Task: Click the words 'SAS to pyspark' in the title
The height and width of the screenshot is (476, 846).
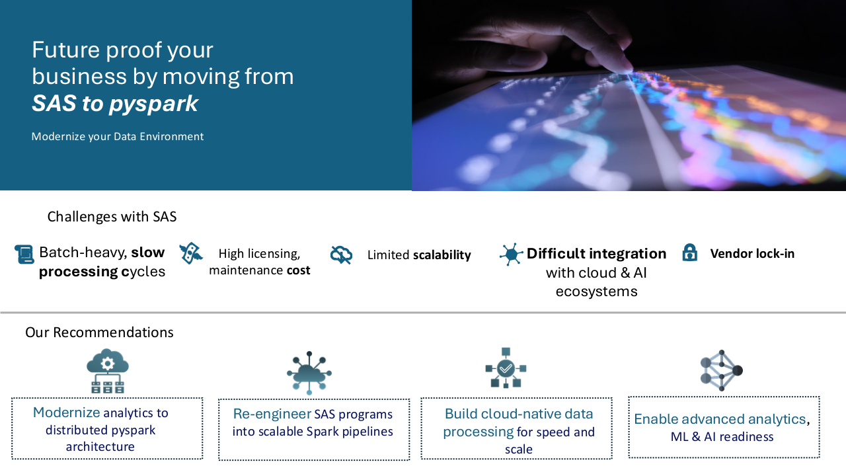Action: click(115, 104)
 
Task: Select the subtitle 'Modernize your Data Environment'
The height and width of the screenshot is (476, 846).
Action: click(118, 136)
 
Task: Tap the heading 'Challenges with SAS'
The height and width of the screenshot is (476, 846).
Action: click(112, 216)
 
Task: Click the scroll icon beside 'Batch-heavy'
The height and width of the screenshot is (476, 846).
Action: click(24, 255)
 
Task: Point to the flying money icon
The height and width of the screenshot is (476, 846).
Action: click(191, 253)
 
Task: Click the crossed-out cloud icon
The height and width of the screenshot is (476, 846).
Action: click(341, 255)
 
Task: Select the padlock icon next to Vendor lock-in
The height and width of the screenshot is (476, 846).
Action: click(689, 253)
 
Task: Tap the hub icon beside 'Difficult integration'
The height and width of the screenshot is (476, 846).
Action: click(511, 255)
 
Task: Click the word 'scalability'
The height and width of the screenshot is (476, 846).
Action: click(442, 255)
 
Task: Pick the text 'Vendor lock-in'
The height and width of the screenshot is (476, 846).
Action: click(752, 253)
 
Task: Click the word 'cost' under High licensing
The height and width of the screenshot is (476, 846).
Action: click(298, 270)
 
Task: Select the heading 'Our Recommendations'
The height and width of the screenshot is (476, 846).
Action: click(99, 333)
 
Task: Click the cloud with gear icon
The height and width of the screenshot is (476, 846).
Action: click(108, 371)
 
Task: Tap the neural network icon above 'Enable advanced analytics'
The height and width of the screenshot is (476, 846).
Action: click(721, 371)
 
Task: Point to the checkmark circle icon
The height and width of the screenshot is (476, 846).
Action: click(506, 368)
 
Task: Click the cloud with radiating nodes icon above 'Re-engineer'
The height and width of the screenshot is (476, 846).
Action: click(309, 373)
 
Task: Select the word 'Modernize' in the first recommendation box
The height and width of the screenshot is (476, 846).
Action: click(67, 413)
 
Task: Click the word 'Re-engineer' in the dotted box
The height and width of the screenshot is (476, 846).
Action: click(272, 414)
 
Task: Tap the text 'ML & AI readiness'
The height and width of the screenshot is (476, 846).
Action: click(722, 437)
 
